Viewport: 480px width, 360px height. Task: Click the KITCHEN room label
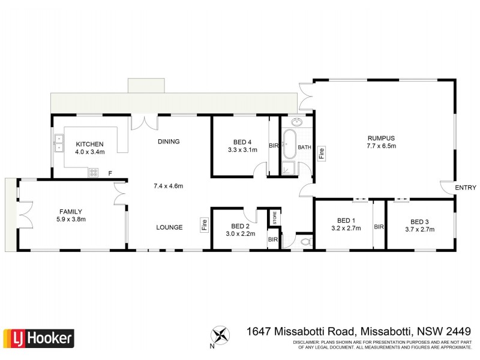point(90,144)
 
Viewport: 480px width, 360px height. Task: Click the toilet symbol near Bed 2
point(305,242)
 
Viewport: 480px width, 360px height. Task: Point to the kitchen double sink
point(60,143)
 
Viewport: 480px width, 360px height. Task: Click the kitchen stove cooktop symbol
point(94,172)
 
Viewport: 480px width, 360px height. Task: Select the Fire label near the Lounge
point(204,226)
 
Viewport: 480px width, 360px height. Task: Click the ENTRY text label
point(466,188)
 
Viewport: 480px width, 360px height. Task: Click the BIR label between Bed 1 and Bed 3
point(379,227)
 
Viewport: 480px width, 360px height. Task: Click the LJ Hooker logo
point(39,337)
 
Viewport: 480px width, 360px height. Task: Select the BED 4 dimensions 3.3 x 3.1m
point(242,150)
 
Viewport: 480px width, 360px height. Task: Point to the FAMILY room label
point(70,211)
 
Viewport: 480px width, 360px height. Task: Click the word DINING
point(169,142)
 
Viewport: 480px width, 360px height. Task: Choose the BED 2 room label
point(239,226)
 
